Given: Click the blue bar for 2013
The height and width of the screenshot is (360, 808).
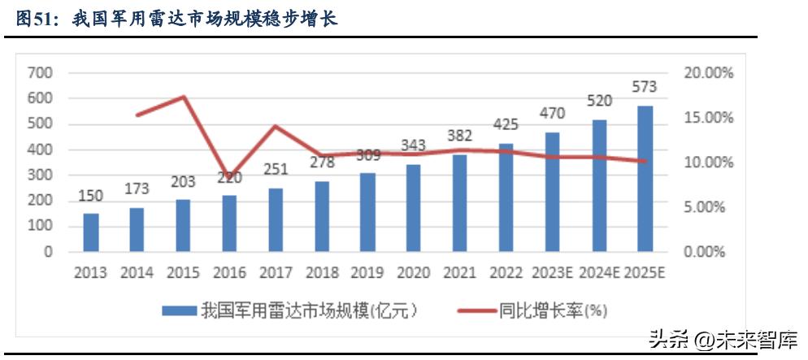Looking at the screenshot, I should pyautogui.click(x=90, y=232).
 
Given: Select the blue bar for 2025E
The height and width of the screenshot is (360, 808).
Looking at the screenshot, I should pyautogui.click(x=644, y=178).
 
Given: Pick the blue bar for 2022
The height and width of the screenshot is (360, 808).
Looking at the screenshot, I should pyautogui.click(x=506, y=197).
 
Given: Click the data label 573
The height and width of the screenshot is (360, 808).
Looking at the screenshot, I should pyautogui.click(x=644, y=87).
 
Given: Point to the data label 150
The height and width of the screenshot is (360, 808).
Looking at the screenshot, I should pyautogui.click(x=90, y=196).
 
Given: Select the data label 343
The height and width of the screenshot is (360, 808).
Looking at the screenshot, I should pyautogui.click(x=413, y=145).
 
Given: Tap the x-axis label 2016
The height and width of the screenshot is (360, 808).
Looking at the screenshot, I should pyautogui.click(x=228, y=272).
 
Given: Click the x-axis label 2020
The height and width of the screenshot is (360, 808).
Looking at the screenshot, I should pyautogui.click(x=413, y=272).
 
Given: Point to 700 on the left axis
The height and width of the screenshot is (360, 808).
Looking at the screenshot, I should pyautogui.click(x=40, y=73).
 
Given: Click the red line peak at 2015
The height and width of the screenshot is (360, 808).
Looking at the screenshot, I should pyautogui.click(x=183, y=97).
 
